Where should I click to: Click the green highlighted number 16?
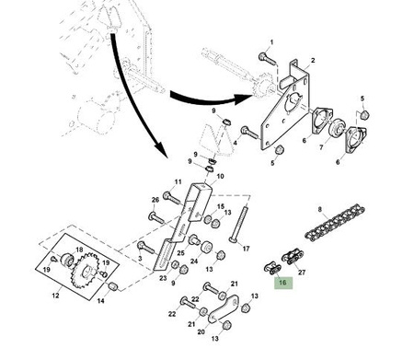pos(283,283)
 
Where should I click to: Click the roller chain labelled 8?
pos(335,224)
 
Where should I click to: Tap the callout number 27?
pos(302,273)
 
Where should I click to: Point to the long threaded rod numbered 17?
pos(239,224)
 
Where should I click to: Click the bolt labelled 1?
pos(268,59)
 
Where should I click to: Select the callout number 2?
pos(313,61)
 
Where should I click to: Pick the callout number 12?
pos(55,296)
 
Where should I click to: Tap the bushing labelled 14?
pos(113,287)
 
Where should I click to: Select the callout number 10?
pos(220,177)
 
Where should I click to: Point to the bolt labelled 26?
pos(156,217)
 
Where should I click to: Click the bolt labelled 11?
pos(172,198)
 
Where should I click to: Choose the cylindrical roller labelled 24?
pos(206,248)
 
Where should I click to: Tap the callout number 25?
pos(180,253)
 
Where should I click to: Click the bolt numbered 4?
pos(249,133)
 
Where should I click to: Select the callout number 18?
pos(79,250)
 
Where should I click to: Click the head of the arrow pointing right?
pos(244,99)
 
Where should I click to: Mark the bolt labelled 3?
pos(145,248)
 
